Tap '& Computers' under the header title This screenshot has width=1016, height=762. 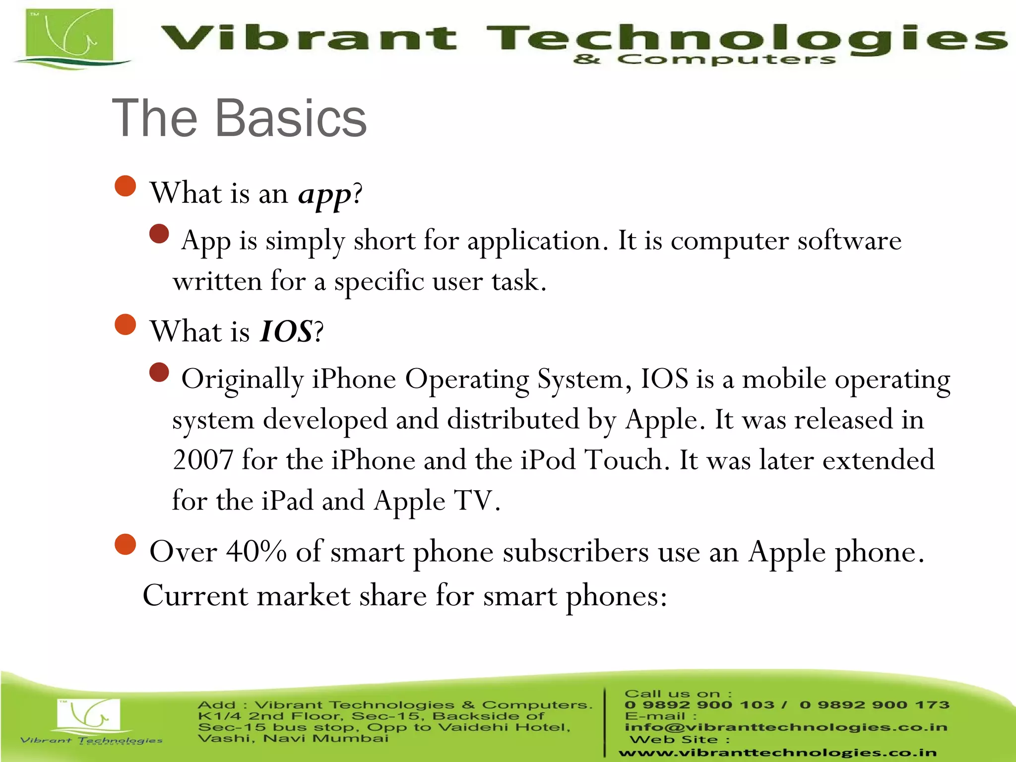click(x=704, y=60)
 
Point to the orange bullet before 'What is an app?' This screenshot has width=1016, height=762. click(x=125, y=187)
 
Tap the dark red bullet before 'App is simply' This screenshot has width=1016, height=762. click(x=159, y=234)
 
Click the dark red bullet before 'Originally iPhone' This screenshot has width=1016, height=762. click(x=159, y=372)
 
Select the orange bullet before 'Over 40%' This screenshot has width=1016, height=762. click(x=125, y=544)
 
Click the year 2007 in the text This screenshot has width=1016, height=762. click(x=203, y=460)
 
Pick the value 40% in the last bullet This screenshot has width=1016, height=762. click(x=256, y=552)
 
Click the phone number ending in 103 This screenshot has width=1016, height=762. click(x=699, y=705)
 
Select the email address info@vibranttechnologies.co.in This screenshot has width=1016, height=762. click(x=786, y=727)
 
